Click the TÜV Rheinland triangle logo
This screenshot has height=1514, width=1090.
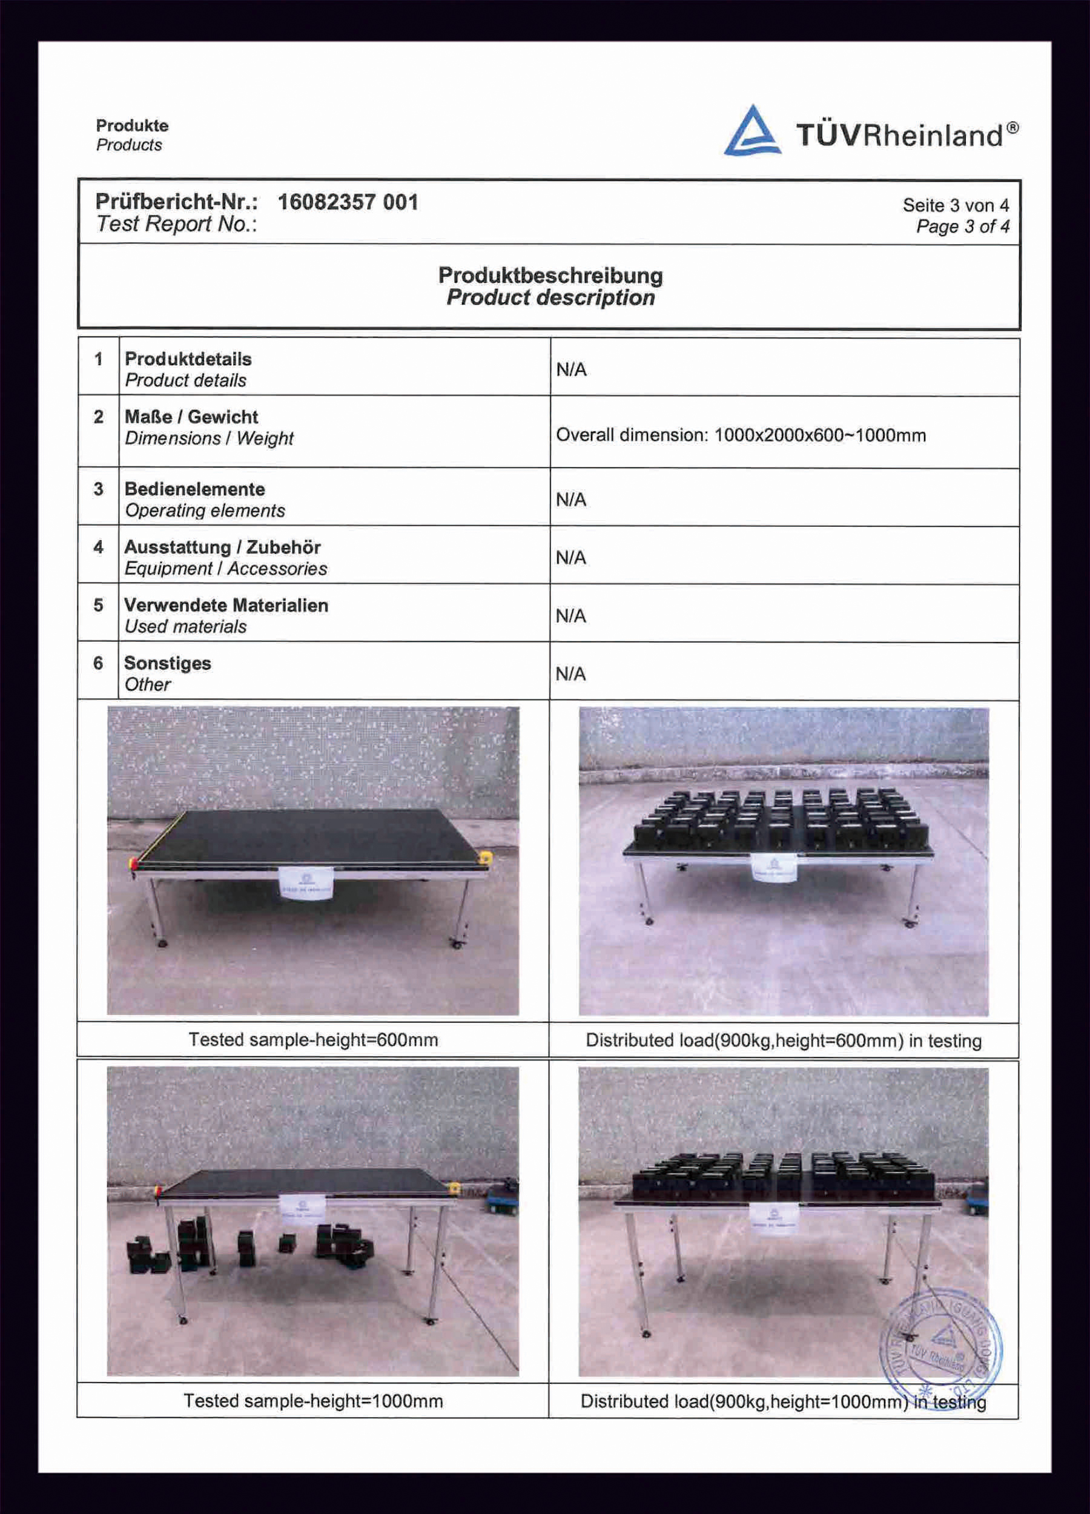752,131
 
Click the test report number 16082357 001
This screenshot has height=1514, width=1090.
348,202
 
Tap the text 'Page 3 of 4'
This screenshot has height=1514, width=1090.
962,227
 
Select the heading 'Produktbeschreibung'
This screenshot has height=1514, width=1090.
550,275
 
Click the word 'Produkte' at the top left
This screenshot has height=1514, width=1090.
132,125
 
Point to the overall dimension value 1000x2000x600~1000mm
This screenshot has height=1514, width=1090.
820,435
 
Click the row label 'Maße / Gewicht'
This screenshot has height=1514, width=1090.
191,417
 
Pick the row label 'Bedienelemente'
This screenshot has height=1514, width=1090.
194,489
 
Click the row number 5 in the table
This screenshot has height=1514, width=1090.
98,605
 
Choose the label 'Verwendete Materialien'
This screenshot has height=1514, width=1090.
226,605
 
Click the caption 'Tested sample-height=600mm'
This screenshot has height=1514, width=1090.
313,1039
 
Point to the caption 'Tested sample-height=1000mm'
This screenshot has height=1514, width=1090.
313,1401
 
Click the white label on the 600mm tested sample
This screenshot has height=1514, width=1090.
306,883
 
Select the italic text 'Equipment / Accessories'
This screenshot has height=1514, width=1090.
226,569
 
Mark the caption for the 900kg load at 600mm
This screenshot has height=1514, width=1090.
784,1040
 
